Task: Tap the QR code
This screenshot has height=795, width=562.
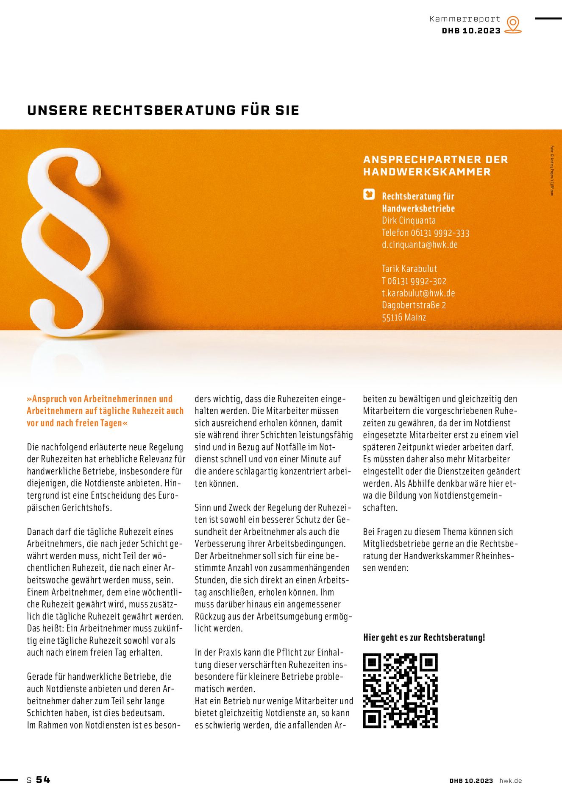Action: [400, 691]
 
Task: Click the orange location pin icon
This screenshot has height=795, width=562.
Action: [513, 25]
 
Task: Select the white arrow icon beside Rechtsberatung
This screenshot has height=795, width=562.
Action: [369, 195]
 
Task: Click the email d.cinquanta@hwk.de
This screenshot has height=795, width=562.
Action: [420, 245]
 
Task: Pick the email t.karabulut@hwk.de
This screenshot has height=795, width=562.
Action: [418, 293]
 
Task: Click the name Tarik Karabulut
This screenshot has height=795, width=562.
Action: [409, 269]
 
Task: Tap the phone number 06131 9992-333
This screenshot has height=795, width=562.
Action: [440, 233]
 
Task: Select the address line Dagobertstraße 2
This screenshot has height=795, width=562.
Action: [414, 305]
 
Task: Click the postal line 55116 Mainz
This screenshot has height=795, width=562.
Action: [404, 317]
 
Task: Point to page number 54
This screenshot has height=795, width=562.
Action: [43, 780]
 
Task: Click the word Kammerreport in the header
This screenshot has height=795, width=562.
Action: [465, 19]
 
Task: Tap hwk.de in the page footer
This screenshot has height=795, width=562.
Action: [510, 781]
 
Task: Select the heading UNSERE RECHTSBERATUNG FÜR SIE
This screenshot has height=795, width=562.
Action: [163, 110]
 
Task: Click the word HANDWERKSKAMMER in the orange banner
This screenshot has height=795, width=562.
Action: [427, 172]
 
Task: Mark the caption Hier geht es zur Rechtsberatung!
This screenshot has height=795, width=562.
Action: [424, 638]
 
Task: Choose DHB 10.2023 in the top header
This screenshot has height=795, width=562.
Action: [471, 31]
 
